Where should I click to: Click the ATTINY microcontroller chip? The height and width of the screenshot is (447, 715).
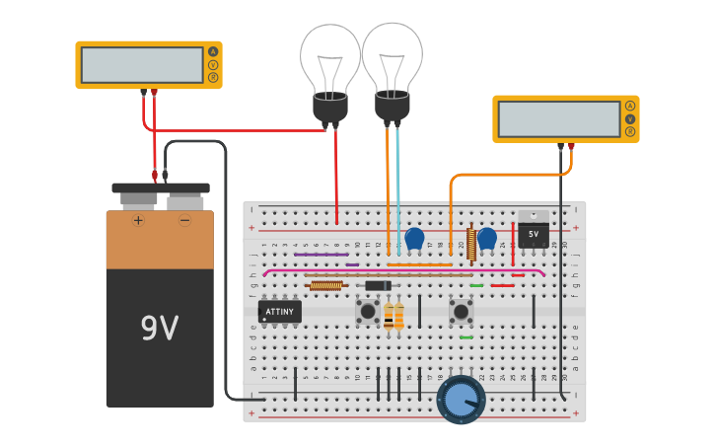coord(280,312)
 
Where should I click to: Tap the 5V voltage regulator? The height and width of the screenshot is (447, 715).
coord(534,232)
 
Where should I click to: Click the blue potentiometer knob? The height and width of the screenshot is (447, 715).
coord(461,399)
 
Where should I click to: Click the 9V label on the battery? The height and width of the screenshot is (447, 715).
coord(160,328)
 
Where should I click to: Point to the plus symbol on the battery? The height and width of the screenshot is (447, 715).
coord(138,220)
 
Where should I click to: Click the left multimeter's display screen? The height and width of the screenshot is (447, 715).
coord(142,65)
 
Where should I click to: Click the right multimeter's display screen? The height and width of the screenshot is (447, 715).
coord(558,118)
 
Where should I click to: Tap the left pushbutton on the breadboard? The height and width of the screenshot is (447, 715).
coord(368,312)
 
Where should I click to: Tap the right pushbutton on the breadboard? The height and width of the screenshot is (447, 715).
coord(461,312)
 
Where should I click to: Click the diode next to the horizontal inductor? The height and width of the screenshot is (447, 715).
coord(378,286)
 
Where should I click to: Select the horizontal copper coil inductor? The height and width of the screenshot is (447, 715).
coord(325,286)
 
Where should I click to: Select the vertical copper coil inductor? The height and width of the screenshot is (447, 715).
coord(471,244)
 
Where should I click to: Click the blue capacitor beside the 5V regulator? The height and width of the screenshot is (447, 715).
coord(487,238)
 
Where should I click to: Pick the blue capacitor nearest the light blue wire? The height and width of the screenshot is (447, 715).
coord(414,238)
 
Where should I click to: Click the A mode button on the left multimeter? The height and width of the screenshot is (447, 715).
coord(212,51)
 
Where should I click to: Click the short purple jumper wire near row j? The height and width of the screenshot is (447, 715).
coord(352,264)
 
